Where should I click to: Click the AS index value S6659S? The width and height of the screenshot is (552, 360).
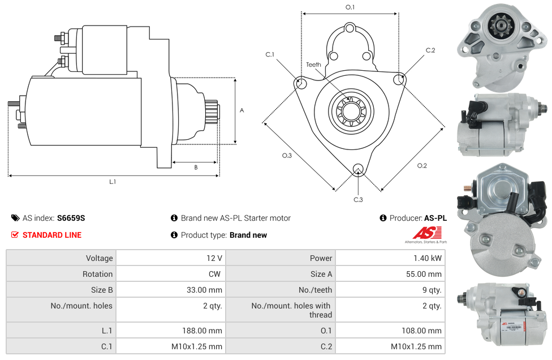71,218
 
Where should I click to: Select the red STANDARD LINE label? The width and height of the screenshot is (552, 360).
52,235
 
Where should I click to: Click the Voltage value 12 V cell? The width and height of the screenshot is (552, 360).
214,258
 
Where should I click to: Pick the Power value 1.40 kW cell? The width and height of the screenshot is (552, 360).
429,258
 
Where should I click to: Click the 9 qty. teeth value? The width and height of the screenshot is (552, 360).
432,290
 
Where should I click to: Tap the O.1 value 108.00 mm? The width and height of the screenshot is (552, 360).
421,331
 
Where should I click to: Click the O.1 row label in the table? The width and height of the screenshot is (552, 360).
326,331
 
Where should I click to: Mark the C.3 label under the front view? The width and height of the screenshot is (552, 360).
358,199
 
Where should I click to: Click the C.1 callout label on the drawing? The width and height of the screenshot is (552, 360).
270,54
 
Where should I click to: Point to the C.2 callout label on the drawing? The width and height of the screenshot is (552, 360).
430,50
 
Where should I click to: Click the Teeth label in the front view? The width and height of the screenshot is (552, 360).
313,65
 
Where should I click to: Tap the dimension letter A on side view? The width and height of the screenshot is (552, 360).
242,110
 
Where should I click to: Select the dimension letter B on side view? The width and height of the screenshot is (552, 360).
196,168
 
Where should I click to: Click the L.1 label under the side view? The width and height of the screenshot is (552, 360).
113,182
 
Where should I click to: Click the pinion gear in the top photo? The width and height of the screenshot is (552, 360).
499,25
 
